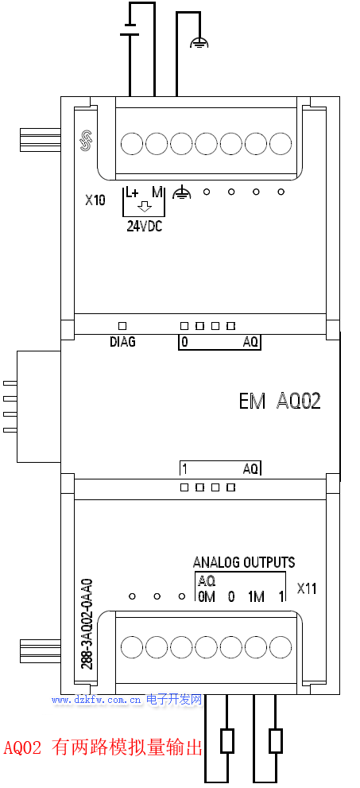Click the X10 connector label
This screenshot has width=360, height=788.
tap(95, 200)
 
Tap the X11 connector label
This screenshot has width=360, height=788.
tap(306, 588)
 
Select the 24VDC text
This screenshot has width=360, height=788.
tap(145, 226)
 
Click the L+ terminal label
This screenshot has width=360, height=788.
tap(132, 192)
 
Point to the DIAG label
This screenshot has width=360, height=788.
tap(122, 342)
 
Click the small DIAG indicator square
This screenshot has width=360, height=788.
tap(122, 326)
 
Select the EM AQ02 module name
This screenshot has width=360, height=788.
tap(280, 402)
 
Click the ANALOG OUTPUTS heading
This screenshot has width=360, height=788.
tap(244, 562)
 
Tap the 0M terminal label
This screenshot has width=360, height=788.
tap(207, 596)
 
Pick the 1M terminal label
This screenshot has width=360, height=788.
tap(256, 596)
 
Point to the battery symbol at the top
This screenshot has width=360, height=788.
tap(130, 29)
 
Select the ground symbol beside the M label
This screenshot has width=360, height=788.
tap(182, 192)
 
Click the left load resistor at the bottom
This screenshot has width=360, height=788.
tap(227, 741)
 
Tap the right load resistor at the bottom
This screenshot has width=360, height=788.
tap(276, 741)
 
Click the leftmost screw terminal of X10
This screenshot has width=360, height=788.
tap(132, 144)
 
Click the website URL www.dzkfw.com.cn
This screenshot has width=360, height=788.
tap(95, 700)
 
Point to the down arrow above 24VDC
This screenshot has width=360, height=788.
tap(145, 207)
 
